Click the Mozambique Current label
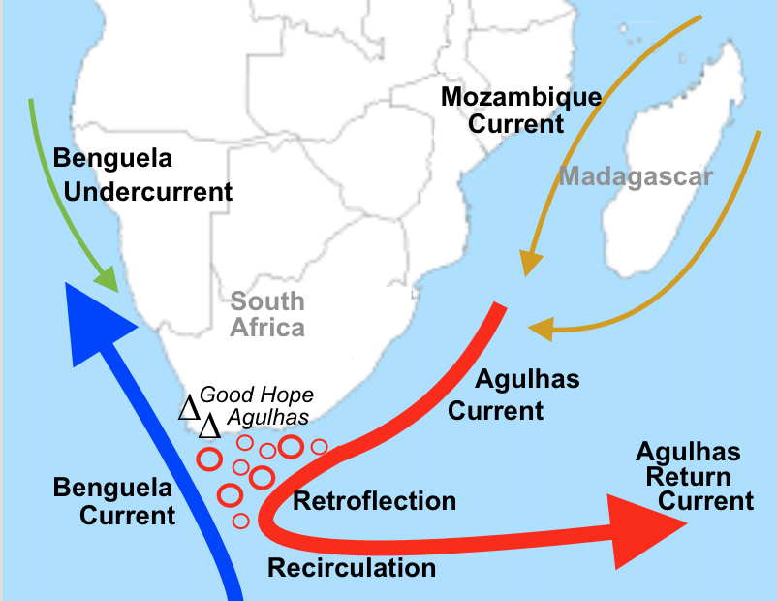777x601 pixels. (520, 111)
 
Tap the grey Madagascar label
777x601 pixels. (636, 177)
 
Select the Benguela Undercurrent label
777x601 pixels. (142, 174)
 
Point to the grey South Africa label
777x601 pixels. (267, 314)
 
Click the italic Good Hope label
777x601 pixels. (257, 395)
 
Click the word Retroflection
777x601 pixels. (374, 501)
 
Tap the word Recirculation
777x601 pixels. (352, 567)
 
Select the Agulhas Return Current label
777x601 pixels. (694, 476)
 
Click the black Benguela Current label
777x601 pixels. (114, 500)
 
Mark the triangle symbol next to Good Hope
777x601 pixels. (189, 408)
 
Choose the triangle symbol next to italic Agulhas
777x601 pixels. (209, 426)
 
